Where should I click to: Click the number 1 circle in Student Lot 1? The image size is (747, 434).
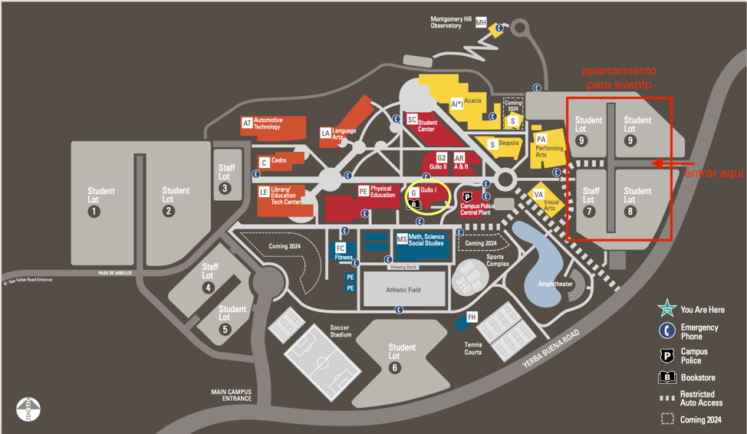94,211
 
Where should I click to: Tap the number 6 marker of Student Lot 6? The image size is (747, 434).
395,368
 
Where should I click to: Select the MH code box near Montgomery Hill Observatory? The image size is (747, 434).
481,23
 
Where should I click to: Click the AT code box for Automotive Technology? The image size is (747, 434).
247,123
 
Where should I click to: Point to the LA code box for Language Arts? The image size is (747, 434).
326,133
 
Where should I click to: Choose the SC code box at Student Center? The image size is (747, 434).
412,120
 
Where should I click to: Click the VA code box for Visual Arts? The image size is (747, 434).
538,195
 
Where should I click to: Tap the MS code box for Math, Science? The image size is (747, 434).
402,239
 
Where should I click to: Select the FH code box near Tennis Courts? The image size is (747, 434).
472,317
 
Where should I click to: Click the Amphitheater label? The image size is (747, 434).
556,284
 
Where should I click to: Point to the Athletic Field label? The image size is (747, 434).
403,290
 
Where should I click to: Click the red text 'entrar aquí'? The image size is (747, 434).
714,174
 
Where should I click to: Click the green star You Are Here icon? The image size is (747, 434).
667,309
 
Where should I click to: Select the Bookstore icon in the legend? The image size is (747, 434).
667,377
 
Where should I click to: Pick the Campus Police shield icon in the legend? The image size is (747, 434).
667,355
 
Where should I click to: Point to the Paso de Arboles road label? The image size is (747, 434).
115,273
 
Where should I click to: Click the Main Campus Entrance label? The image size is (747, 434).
232,395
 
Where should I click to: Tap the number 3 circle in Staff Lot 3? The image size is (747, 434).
225,189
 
